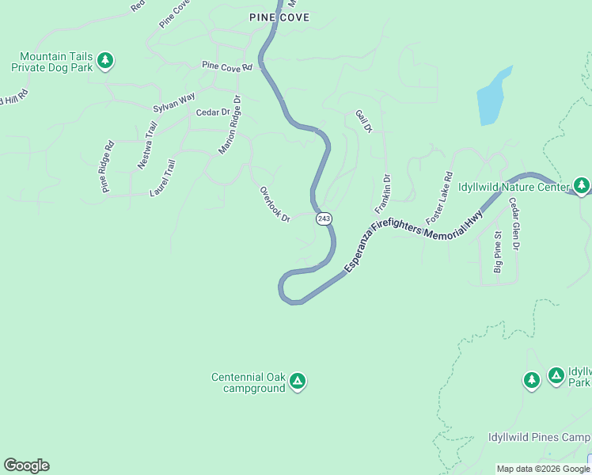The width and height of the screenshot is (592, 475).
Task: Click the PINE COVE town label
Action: pos(279,17)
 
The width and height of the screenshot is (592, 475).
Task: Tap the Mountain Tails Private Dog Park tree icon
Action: pos(105,60)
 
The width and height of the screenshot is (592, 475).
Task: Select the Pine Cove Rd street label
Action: pos(226,66)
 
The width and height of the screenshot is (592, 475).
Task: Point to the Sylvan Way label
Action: pos(173,102)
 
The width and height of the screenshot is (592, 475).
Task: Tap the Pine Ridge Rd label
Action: pos(108,166)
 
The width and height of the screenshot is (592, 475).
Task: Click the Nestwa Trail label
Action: pos(147,145)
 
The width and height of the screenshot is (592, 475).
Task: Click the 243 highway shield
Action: pos(323,218)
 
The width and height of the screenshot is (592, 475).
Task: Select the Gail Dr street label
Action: pos(362,121)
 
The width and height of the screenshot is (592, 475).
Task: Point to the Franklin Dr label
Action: pos(383,195)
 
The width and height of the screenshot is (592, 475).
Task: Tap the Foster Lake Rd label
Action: pos(439,197)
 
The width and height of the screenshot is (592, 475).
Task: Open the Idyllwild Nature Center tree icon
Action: pos(582,185)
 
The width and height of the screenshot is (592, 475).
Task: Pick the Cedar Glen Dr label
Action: pos(514,224)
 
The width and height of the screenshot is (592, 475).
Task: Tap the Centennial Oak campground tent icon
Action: pos(298,382)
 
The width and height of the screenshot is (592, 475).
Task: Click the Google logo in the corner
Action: pos(26,465)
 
